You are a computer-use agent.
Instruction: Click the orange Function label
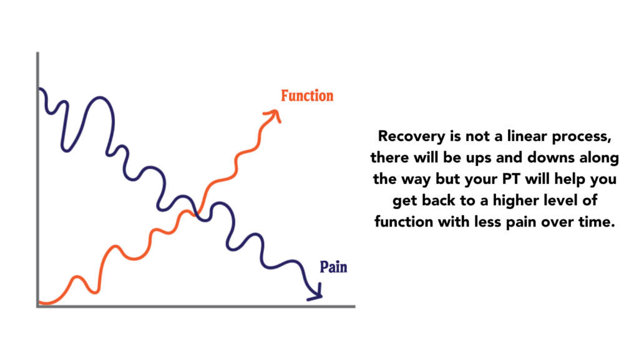click(x=307, y=95)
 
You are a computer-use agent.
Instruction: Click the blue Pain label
click(x=333, y=267)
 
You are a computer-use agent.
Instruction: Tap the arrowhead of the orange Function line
click(x=274, y=115)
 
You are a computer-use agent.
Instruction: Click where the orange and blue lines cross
click(x=198, y=213)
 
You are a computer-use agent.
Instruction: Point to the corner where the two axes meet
click(x=38, y=306)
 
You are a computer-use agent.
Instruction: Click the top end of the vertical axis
click(x=38, y=52)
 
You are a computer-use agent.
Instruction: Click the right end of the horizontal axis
click(x=354, y=306)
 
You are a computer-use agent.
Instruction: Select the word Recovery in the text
click(x=412, y=137)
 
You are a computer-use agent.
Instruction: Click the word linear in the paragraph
click(x=526, y=136)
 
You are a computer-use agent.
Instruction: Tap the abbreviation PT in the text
click(x=511, y=179)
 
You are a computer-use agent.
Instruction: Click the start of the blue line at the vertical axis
click(x=39, y=89)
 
